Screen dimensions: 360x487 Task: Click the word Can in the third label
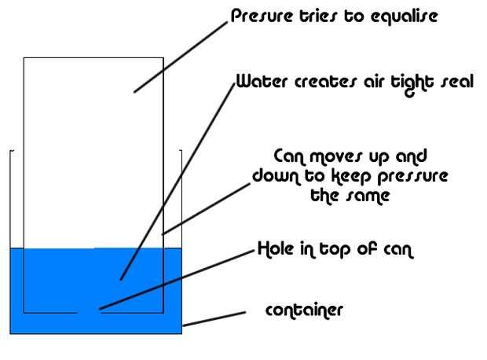point(289,156)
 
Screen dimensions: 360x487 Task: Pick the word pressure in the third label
point(416,176)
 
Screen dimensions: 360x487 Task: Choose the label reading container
point(304,310)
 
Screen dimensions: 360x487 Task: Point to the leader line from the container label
point(213,318)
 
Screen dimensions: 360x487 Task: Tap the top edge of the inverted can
point(93,57)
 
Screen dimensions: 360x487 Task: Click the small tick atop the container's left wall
point(11,150)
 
